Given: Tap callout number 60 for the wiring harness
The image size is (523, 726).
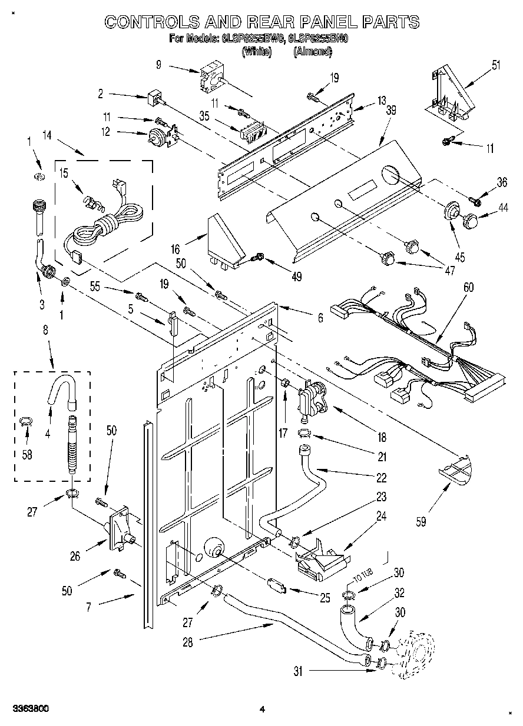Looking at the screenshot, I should [x=468, y=288].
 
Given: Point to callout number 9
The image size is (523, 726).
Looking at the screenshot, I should [x=158, y=65].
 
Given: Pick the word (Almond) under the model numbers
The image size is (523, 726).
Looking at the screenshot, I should [x=312, y=52].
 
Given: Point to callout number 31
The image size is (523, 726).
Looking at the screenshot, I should [x=298, y=670].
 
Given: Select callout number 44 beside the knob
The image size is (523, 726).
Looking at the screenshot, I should [x=502, y=207].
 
